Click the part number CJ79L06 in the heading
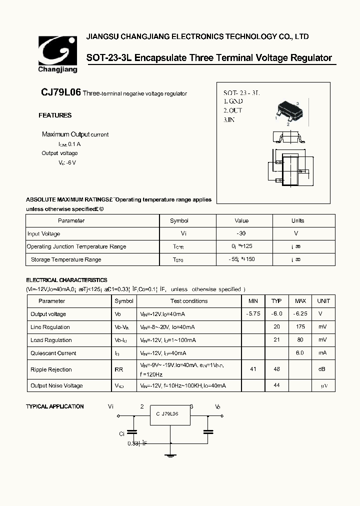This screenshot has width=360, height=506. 60,93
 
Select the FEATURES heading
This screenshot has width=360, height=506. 55,115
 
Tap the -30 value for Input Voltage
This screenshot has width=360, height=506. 241,233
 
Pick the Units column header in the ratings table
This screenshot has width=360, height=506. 297,220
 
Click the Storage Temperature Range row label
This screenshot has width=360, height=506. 66,259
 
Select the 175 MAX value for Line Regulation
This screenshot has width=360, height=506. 300,327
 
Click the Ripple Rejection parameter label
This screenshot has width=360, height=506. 51,369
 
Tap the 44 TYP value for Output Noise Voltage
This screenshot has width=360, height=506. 276,385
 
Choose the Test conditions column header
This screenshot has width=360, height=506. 188,301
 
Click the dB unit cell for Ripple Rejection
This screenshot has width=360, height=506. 323,369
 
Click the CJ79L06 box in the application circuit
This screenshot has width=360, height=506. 170,414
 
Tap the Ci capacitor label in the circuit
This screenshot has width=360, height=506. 121,434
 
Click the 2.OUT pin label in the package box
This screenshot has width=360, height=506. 233,110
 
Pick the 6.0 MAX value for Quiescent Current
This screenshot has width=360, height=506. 300,353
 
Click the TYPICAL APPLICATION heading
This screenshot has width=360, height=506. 55,406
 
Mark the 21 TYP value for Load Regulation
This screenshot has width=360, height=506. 276,340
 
